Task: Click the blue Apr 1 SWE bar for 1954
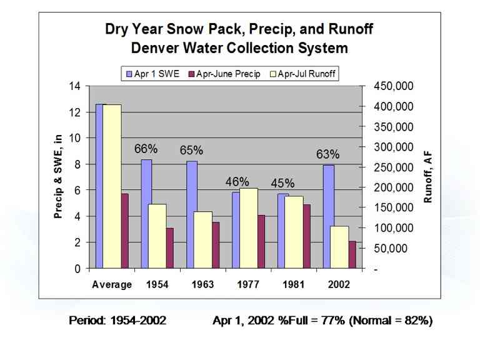pyautogui.click(x=146, y=214)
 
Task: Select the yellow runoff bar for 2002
pyautogui.click(x=339, y=247)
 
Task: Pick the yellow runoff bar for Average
pyautogui.click(x=112, y=186)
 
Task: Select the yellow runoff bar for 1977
pyautogui.click(x=249, y=228)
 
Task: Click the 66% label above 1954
pyautogui.click(x=146, y=149)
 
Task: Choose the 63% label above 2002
pyautogui.click(x=327, y=154)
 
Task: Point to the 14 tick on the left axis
pyautogui.click(x=75, y=86)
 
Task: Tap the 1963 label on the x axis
pyautogui.click(x=202, y=284)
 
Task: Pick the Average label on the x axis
pyautogui.click(x=112, y=284)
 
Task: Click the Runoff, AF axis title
pyautogui.click(x=428, y=179)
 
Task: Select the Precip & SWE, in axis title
pyautogui.click(x=58, y=177)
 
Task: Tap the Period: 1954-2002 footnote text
pyautogui.click(x=117, y=321)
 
